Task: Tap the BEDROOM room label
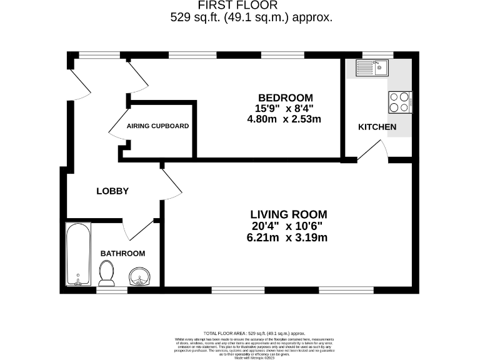tap(285, 97)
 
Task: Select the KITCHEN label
tap(377, 127)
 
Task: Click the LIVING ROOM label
tap(288, 214)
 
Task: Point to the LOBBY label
tap(112, 191)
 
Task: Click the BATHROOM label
tap(122, 253)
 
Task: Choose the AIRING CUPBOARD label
tap(157, 126)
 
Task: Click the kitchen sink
tap(372, 66)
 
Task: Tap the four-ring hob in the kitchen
tap(401, 102)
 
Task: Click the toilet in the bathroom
tap(107, 273)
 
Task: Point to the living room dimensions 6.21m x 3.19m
tap(287, 237)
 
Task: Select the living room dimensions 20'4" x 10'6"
tap(287, 226)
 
